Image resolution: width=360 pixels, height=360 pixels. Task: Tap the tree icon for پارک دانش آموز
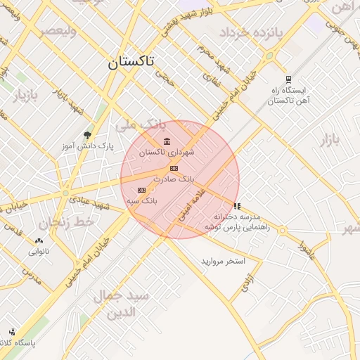coord(87,134)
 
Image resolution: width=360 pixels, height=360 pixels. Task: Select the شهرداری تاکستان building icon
coord(167,143)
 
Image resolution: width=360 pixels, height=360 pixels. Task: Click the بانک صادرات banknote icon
coord(174,168)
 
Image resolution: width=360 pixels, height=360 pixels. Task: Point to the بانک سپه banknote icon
coord(141,190)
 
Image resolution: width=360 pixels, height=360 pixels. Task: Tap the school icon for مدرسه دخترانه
coord(237,207)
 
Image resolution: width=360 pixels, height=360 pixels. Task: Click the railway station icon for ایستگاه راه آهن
coord(288,79)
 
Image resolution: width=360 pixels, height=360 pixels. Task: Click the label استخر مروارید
coord(223,261)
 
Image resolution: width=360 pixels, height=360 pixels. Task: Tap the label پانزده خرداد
coord(250,33)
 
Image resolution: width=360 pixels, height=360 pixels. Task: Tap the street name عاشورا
coord(306,250)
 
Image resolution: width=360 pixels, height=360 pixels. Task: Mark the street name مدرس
coord(32,274)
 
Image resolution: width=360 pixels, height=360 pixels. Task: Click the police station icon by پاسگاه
coord(12,332)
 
